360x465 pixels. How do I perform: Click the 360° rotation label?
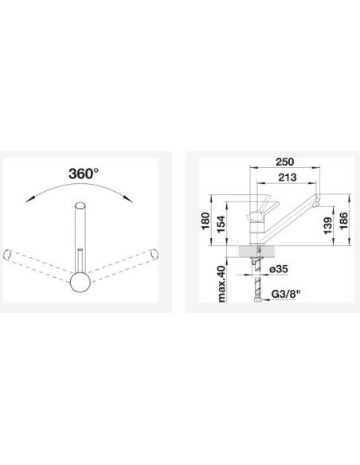84,174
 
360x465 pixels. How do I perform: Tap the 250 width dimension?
284,162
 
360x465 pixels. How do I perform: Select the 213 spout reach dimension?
288,178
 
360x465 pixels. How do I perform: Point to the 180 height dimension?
205,221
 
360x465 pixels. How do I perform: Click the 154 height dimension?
221,225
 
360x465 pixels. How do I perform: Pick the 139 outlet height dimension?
328,225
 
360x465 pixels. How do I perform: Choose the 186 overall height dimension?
344,221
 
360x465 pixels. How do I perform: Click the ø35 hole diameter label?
279,269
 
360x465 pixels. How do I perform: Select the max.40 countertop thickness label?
221,283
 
